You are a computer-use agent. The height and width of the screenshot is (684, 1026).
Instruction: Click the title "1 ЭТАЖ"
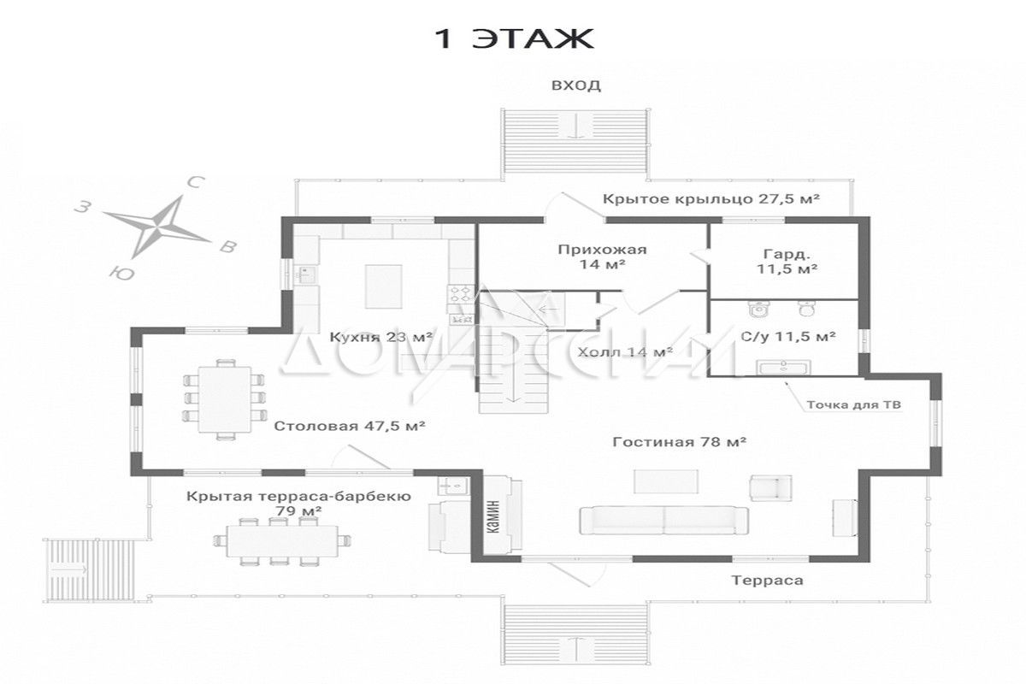coord(514,39)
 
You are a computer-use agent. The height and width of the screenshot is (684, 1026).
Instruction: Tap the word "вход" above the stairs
coord(575,85)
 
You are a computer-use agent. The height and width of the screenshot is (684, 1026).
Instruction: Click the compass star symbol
coord(156,227)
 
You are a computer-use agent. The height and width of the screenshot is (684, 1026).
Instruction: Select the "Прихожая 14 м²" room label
coord(602,256)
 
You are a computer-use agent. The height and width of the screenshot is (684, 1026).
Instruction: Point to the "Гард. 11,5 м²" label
coord(787,261)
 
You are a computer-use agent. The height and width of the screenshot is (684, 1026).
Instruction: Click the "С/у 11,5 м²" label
coord(787,337)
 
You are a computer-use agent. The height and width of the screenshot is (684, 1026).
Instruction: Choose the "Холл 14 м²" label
coord(625,352)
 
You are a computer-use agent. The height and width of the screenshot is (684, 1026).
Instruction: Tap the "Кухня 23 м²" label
coord(380,337)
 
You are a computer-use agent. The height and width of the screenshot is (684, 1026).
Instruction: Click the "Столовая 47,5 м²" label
coord(350,426)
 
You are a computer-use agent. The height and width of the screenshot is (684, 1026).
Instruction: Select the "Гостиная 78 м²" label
coord(680,442)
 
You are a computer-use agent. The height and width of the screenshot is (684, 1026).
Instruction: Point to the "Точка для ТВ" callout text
coord(854,405)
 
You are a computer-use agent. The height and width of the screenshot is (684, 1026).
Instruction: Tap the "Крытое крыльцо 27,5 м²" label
coord(711,199)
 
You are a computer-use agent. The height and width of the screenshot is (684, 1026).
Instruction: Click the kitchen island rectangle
coord(384,286)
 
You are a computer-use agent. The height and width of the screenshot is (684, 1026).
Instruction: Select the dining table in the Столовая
coord(224,399)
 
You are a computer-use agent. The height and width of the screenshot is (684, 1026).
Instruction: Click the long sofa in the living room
coord(664,521)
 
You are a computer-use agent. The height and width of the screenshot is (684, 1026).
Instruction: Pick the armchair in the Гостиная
coord(771,487)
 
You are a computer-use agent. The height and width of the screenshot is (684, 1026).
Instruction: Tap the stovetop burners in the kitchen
coord(461,293)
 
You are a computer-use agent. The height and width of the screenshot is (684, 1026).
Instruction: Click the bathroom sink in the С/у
coord(783,368)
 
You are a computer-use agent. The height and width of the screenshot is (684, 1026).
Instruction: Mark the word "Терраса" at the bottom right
coord(767,581)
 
